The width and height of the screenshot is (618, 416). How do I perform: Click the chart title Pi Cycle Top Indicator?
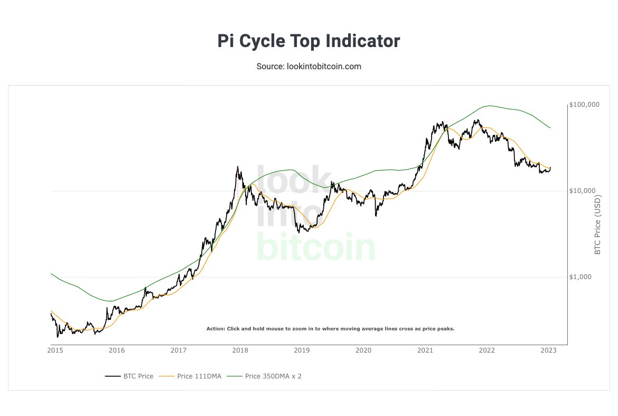[308, 41]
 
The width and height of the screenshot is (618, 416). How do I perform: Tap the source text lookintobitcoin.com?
[308, 67]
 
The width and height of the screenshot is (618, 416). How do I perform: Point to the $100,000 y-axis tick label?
[584, 105]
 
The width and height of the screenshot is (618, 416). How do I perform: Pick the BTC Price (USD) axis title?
[598, 226]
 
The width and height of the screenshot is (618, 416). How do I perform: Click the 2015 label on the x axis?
[54, 350]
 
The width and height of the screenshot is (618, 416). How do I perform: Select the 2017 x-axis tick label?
[179, 350]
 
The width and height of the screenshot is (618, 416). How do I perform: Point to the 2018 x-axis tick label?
[240, 350]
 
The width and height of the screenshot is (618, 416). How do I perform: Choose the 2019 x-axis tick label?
[302, 350]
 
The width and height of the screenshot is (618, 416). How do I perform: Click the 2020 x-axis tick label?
[363, 350]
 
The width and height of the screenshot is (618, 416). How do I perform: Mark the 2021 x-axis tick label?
[425, 350]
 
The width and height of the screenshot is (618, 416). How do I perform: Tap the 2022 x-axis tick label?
[487, 350]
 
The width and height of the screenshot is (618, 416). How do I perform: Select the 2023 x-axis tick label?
[549, 350]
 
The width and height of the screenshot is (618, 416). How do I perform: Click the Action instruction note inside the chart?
[330, 329]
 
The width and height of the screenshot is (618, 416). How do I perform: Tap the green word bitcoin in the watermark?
[315, 247]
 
